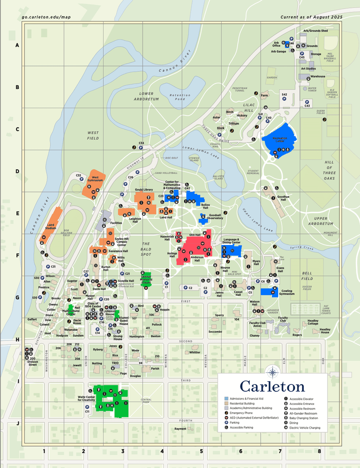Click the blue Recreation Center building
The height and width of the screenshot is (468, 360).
tap(279, 139)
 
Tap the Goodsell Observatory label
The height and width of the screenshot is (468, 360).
tap(215, 216)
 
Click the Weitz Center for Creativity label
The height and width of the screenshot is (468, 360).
tap(86, 399)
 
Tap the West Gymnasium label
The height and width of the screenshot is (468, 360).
tap(95, 179)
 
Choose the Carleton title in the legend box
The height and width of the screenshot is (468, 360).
tap(272, 386)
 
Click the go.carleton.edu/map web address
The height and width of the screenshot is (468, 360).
tap(46, 17)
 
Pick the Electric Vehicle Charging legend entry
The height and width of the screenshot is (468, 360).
tap(305, 428)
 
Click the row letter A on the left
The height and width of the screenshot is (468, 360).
tap(17, 45)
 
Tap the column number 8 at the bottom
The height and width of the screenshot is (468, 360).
tap(319, 451)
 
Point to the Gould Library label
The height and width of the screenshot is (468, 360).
tap(143, 189)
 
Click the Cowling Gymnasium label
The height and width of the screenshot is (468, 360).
tap(286, 292)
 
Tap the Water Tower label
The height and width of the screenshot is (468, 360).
tap(312, 90)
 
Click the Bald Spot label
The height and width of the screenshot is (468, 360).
tap(146, 249)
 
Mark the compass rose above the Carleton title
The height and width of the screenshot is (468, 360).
tap(272, 372)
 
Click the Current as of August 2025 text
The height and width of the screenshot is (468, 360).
tap(311, 17)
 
